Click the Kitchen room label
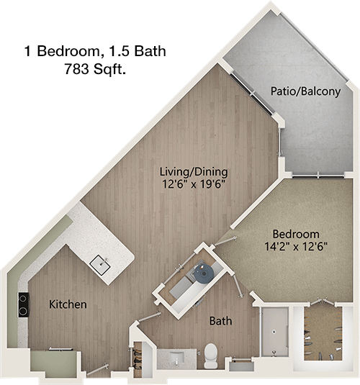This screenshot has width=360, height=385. tap(68, 304)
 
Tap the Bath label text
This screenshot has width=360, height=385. tap(220, 321)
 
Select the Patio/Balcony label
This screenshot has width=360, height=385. tap(305, 91)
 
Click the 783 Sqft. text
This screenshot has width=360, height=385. tap(95, 69)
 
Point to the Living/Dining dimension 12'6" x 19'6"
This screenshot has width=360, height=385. tap(194, 184)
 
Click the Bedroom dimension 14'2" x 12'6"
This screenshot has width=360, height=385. tap(296, 246)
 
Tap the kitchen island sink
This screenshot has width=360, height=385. tap(101, 265)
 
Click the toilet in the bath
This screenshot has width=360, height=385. tap(210, 355)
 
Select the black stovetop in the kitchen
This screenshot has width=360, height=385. tap(23, 304)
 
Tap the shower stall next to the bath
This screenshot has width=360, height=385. tap(275, 332)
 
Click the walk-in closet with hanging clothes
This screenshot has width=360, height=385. tap(323, 333)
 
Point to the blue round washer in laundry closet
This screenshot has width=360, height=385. tap(204, 273)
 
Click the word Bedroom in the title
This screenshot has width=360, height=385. tap(68, 51)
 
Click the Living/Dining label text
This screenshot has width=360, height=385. tap(194, 171)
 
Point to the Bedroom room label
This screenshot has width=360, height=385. tap(296, 234)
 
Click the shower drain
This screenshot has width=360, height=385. tap(274, 332)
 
